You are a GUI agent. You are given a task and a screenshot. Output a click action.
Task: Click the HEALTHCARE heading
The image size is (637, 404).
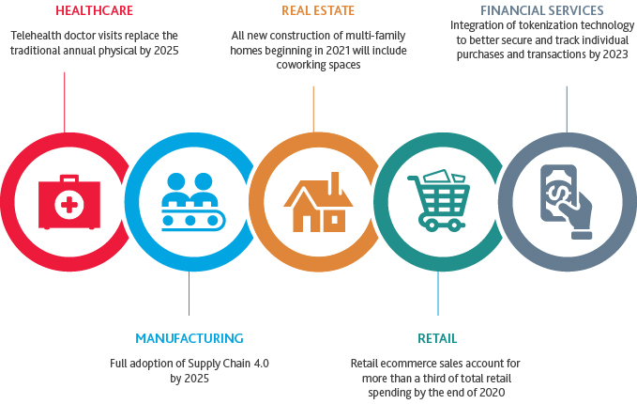coord(94,12)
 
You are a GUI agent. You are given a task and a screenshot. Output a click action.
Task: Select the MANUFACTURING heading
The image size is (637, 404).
coord(189,338)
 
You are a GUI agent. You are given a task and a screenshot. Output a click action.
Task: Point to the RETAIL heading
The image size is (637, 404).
coord(437,338)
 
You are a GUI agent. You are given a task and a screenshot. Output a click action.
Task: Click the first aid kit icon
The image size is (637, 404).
coord(66,201)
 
